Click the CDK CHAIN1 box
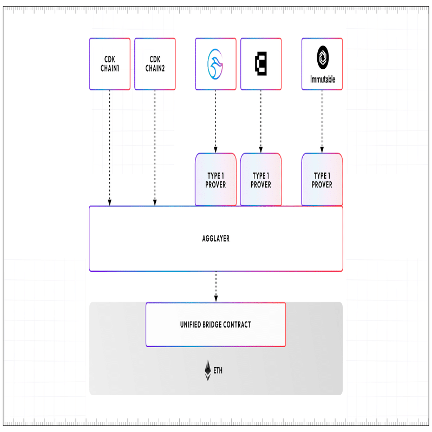tap(109, 63)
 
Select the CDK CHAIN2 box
tap(155, 63)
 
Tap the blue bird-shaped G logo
tap(215, 63)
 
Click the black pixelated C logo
tap(261, 63)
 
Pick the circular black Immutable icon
tap(322, 56)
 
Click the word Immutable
tap(322, 80)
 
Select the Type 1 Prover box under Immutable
tap(322, 180)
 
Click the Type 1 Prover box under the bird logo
tap(215, 180)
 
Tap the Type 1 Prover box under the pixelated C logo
tap(261, 180)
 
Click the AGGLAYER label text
tap(215, 238)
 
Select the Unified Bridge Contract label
tap(215, 324)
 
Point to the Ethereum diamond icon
tap(207, 370)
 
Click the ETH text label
tap(218, 371)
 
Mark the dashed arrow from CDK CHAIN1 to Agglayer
tap(109, 146)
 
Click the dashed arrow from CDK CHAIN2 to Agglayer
tap(155, 146)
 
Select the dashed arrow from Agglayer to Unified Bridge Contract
tap(216, 286)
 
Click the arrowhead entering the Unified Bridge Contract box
tap(216, 299)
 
